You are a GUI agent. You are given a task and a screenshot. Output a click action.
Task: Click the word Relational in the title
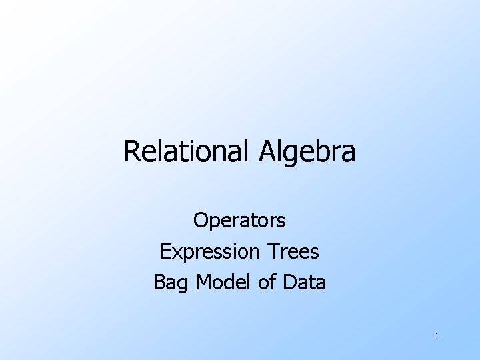point(184,152)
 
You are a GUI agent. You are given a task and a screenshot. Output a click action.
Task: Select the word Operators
point(239,219)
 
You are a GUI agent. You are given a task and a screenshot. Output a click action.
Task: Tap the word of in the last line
point(267,283)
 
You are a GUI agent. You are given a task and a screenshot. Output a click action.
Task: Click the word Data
point(304,283)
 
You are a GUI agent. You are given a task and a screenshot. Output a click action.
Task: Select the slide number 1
point(436,336)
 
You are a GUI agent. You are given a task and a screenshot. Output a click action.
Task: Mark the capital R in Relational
point(131,152)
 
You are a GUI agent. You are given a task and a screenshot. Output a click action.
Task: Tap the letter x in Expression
point(175,252)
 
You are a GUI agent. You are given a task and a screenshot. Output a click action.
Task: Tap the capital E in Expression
point(165,251)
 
